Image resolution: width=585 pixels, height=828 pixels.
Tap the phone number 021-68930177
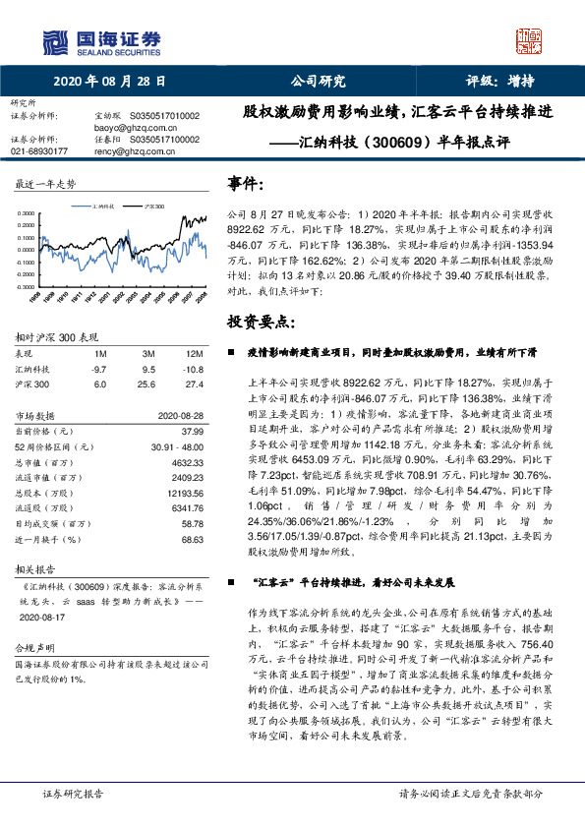[39, 151]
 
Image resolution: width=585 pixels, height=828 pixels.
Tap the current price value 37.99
[192, 431]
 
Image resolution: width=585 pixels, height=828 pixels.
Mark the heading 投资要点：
[260, 323]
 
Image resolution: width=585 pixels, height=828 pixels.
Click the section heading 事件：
[245, 184]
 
